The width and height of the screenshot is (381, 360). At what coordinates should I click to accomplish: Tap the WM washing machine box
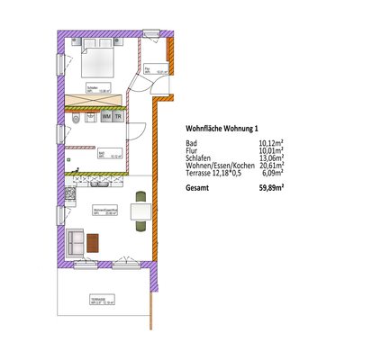click(x=106, y=117)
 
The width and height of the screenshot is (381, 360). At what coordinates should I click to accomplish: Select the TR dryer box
click(x=118, y=117)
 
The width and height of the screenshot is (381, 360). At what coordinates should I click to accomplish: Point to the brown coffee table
click(x=94, y=241)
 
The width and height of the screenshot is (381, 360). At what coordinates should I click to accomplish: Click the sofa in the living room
click(x=76, y=241)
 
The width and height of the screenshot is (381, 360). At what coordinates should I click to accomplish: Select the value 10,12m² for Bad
click(x=271, y=142)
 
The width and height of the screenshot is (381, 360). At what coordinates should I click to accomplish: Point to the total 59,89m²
click(x=271, y=187)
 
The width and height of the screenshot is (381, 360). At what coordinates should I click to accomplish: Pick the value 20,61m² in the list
click(x=271, y=165)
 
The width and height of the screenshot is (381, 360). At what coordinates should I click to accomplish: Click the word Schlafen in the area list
click(x=200, y=157)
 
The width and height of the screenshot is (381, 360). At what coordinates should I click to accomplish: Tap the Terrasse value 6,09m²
click(x=273, y=173)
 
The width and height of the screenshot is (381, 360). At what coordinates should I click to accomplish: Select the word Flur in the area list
click(x=192, y=150)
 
